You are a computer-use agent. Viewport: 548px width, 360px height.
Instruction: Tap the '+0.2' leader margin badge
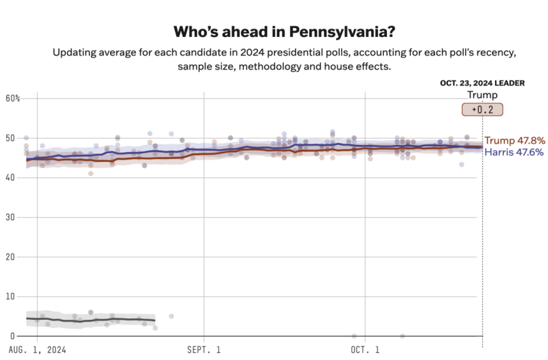[x=483, y=109]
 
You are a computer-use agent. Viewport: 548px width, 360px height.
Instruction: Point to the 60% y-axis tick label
[x=13, y=98]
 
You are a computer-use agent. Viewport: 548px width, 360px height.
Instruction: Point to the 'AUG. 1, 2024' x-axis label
[x=38, y=350]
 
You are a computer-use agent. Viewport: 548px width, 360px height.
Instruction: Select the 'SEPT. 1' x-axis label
[x=204, y=350]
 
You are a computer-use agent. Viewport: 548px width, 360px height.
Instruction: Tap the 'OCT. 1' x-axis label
[x=365, y=350]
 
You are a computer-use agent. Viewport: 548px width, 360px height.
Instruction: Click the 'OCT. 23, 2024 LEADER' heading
[x=482, y=83]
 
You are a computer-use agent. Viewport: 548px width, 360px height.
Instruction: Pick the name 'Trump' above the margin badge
[x=482, y=95]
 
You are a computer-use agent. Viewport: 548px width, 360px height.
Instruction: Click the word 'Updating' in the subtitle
[x=75, y=52]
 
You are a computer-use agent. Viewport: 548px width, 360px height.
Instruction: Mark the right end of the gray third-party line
[x=155, y=320]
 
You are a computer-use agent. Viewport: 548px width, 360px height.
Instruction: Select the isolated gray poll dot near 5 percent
[x=171, y=316]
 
